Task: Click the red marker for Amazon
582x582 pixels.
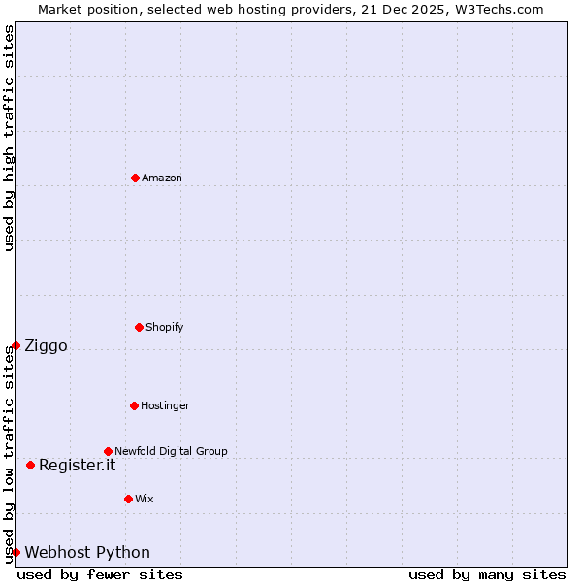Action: coord(135,178)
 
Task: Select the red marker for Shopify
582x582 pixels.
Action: coord(139,327)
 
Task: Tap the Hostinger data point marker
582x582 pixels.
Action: coord(134,405)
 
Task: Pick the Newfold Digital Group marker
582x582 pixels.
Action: coord(108,451)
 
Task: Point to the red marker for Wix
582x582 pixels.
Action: coord(128,499)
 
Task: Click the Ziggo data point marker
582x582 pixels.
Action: coord(16,345)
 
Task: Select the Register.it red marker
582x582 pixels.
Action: coord(30,465)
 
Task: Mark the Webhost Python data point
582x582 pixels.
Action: coord(16,552)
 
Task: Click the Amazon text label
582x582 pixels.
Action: coord(162,178)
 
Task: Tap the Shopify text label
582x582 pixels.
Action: coord(165,327)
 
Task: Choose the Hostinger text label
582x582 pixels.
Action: coord(165,405)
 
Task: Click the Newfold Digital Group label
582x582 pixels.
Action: coord(171,451)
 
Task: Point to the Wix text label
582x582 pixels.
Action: coord(145,499)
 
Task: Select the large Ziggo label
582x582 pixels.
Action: coord(46,346)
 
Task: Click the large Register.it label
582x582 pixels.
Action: coord(77,466)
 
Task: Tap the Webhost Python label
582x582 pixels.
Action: coord(87,553)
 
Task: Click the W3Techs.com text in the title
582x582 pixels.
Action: coord(503,9)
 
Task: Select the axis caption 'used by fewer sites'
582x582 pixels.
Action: coord(100,575)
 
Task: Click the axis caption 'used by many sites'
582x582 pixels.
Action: coord(487,575)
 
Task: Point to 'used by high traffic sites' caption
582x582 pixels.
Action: coord(10,139)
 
